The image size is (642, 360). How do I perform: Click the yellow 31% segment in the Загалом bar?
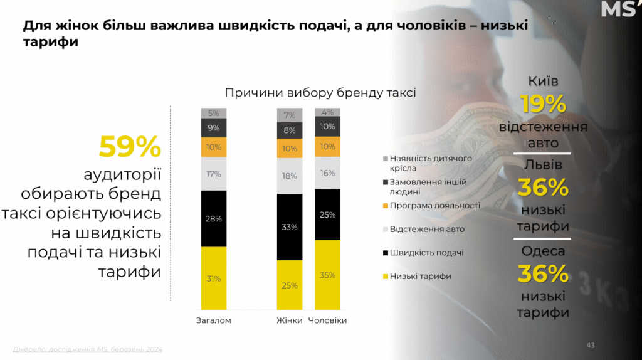click(x=213, y=278)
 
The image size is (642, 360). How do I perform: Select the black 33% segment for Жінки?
click(x=290, y=226)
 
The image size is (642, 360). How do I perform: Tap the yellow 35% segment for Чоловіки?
click(x=327, y=275)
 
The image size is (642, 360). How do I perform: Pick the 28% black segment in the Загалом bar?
click(x=213, y=218)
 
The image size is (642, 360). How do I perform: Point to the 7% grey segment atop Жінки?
click(x=290, y=115)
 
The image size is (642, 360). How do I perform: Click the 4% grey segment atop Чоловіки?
click(x=327, y=112)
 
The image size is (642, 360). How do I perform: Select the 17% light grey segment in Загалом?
click(x=213, y=173)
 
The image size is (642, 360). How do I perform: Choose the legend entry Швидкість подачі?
click(x=426, y=253)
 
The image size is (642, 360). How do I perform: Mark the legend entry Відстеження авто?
click(x=427, y=229)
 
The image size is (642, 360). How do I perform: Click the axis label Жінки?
click(x=290, y=320)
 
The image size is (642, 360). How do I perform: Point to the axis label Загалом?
click(x=214, y=320)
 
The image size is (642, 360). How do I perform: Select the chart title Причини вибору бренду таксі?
click(x=320, y=93)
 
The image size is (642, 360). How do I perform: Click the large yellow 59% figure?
click(x=130, y=147)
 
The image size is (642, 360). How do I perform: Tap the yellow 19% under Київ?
click(x=543, y=105)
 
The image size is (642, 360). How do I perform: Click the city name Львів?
click(x=543, y=165)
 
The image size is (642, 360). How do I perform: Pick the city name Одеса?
click(x=543, y=251)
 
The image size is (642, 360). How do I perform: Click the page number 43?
click(x=591, y=345)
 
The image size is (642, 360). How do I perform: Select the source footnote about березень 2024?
click(x=87, y=349)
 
